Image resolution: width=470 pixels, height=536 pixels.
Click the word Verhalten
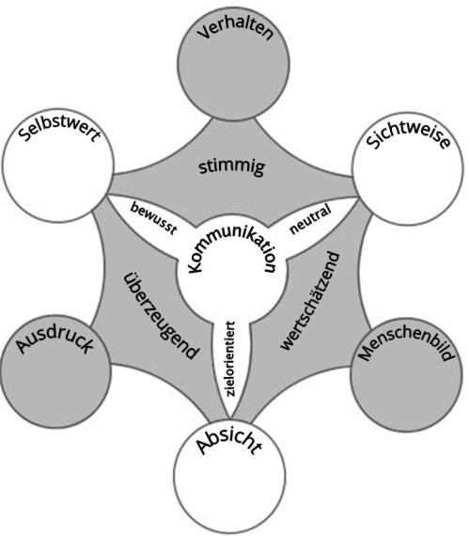[236, 30]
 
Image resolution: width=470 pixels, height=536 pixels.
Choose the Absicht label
[229, 442]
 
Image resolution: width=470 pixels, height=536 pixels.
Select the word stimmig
[232, 167]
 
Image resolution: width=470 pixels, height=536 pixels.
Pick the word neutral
[310, 219]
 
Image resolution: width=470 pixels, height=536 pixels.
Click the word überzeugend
[160, 316]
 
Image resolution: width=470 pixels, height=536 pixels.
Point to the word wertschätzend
[310, 301]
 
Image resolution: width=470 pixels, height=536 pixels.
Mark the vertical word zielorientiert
[231, 359]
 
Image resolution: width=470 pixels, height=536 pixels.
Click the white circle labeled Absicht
[229, 485]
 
